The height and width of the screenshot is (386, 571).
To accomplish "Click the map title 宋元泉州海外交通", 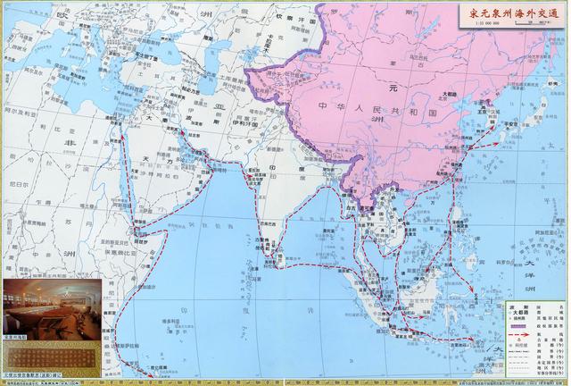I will pos(509,13).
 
